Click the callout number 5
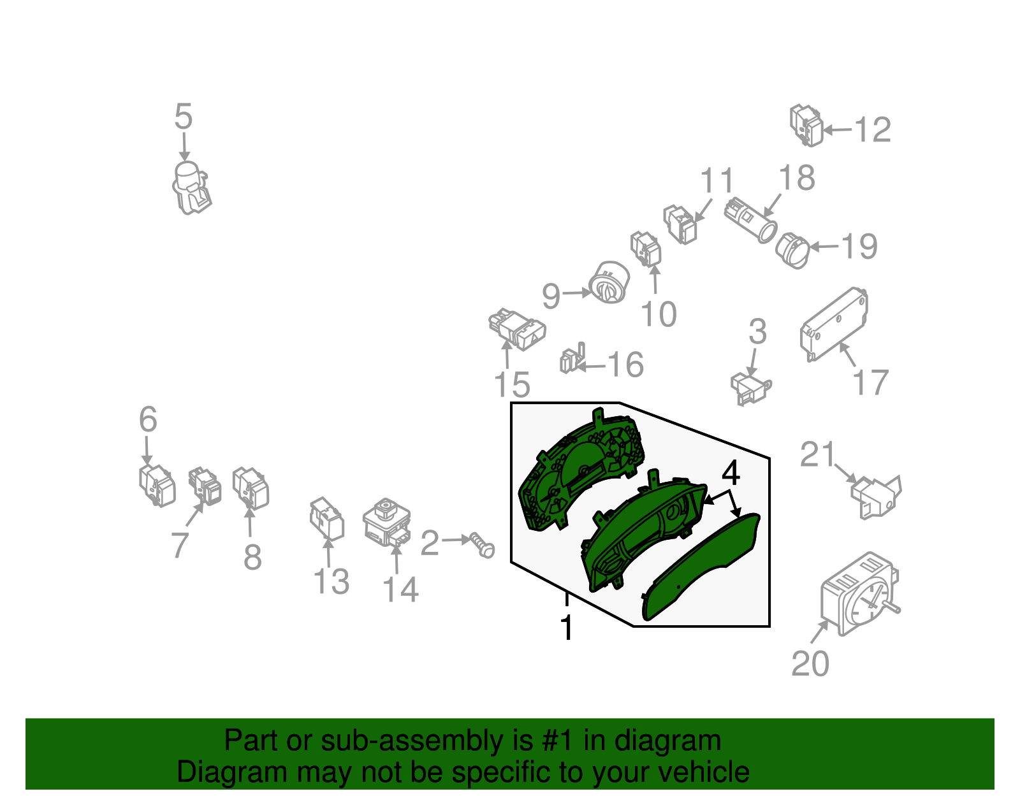[x=184, y=117]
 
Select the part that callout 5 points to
[x=191, y=187]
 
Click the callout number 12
[x=873, y=129]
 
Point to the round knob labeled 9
[x=609, y=282]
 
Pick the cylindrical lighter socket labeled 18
[x=750, y=220]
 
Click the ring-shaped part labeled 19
[x=792, y=250]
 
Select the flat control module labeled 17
[x=834, y=324]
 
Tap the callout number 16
[x=626, y=365]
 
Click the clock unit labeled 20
[x=860, y=594]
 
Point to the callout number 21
[x=818, y=454]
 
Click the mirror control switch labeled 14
[x=387, y=522]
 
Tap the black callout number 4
[x=731, y=473]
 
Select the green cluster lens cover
[x=701, y=567]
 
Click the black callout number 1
[x=567, y=627]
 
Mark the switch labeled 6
[x=157, y=486]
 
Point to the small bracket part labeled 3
[x=750, y=388]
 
